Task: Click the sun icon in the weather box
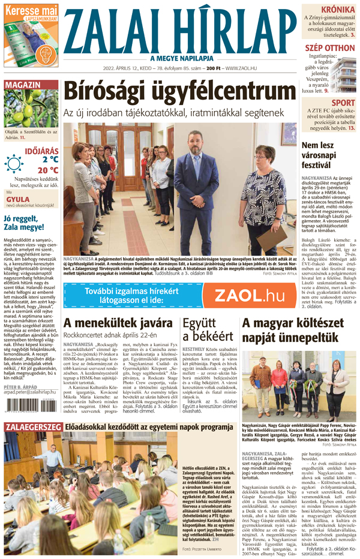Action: coord(14,164)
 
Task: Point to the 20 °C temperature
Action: coord(46,170)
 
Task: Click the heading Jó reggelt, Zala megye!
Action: coord(29,223)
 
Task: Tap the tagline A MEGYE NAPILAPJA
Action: coord(180,58)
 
